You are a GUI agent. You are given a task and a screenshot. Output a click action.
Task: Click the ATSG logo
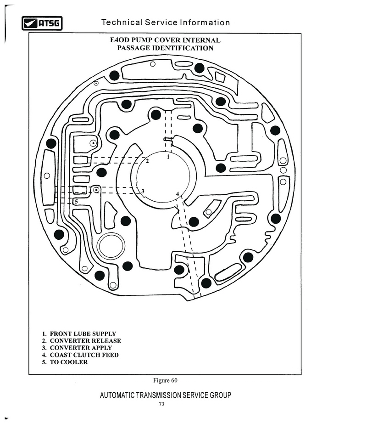42,23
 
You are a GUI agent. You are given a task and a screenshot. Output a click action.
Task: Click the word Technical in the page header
122,23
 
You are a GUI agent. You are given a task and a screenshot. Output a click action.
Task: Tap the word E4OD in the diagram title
120,40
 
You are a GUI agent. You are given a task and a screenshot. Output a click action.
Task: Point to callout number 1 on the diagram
168,157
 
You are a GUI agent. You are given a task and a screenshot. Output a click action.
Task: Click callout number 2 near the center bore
147,161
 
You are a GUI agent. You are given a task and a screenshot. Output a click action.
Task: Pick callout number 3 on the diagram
143,191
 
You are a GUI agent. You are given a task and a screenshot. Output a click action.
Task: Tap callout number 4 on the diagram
178,194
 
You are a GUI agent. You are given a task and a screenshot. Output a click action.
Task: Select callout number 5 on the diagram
76,202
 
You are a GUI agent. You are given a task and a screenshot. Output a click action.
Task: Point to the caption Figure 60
165,380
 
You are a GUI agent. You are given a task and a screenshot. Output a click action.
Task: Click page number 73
161,404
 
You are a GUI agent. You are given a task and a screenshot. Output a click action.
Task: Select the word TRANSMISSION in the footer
159,396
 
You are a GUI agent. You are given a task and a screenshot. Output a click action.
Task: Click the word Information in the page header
205,23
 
